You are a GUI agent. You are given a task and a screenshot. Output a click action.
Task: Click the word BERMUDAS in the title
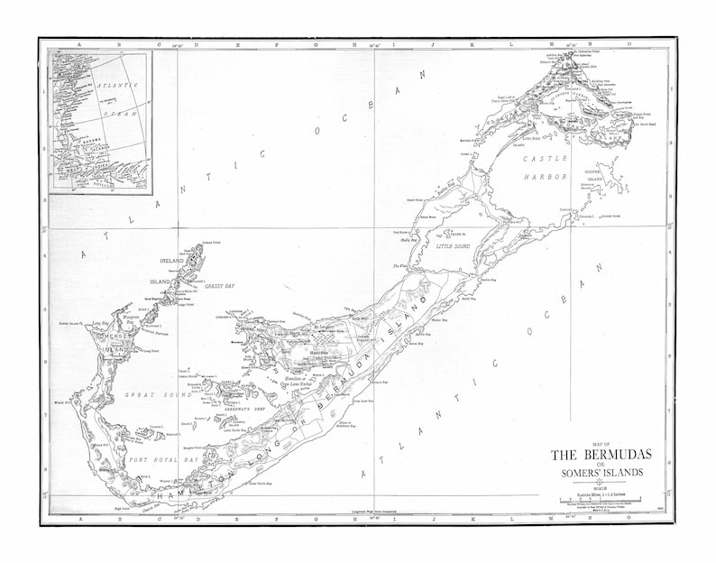(614, 454)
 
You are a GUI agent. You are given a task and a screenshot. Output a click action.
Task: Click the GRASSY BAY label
(220, 285)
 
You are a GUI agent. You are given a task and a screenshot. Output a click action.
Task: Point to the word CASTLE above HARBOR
(544, 159)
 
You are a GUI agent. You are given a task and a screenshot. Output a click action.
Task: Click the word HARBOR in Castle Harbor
(546, 178)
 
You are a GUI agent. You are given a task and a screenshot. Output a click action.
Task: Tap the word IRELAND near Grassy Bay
(172, 262)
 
